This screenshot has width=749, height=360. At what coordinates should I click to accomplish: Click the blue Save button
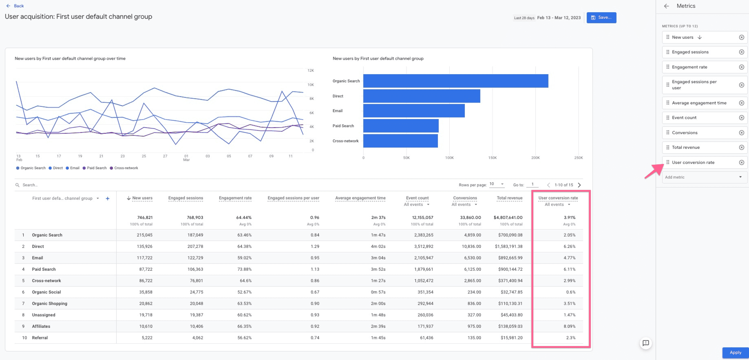click(x=601, y=18)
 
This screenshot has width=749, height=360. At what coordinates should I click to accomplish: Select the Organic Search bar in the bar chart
click(x=455, y=81)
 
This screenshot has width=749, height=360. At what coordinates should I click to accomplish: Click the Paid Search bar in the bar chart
click(x=401, y=126)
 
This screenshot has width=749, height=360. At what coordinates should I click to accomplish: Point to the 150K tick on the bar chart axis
click(x=492, y=158)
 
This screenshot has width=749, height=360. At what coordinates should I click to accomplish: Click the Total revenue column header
click(x=509, y=198)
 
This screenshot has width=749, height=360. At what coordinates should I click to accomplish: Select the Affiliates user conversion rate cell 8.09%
click(x=569, y=326)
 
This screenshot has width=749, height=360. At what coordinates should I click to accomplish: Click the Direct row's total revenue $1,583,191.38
click(x=508, y=246)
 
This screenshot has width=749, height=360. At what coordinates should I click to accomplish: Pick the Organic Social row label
click(x=46, y=292)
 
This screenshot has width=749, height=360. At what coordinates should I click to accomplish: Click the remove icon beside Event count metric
click(x=741, y=118)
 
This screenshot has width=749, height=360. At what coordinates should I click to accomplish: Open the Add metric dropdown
click(x=704, y=177)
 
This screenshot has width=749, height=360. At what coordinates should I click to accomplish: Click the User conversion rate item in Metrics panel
click(x=693, y=162)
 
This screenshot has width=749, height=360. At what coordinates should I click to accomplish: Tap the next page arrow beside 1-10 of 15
click(x=579, y=185)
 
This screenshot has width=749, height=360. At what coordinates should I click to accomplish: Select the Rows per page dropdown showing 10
click(x=497, y=184)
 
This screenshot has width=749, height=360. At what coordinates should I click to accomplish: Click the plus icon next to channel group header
click(x=108, y=199)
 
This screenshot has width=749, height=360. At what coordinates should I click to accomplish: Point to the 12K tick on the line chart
click(x=311, y=71)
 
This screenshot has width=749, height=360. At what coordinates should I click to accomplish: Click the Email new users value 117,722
click(x=143, y=258)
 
